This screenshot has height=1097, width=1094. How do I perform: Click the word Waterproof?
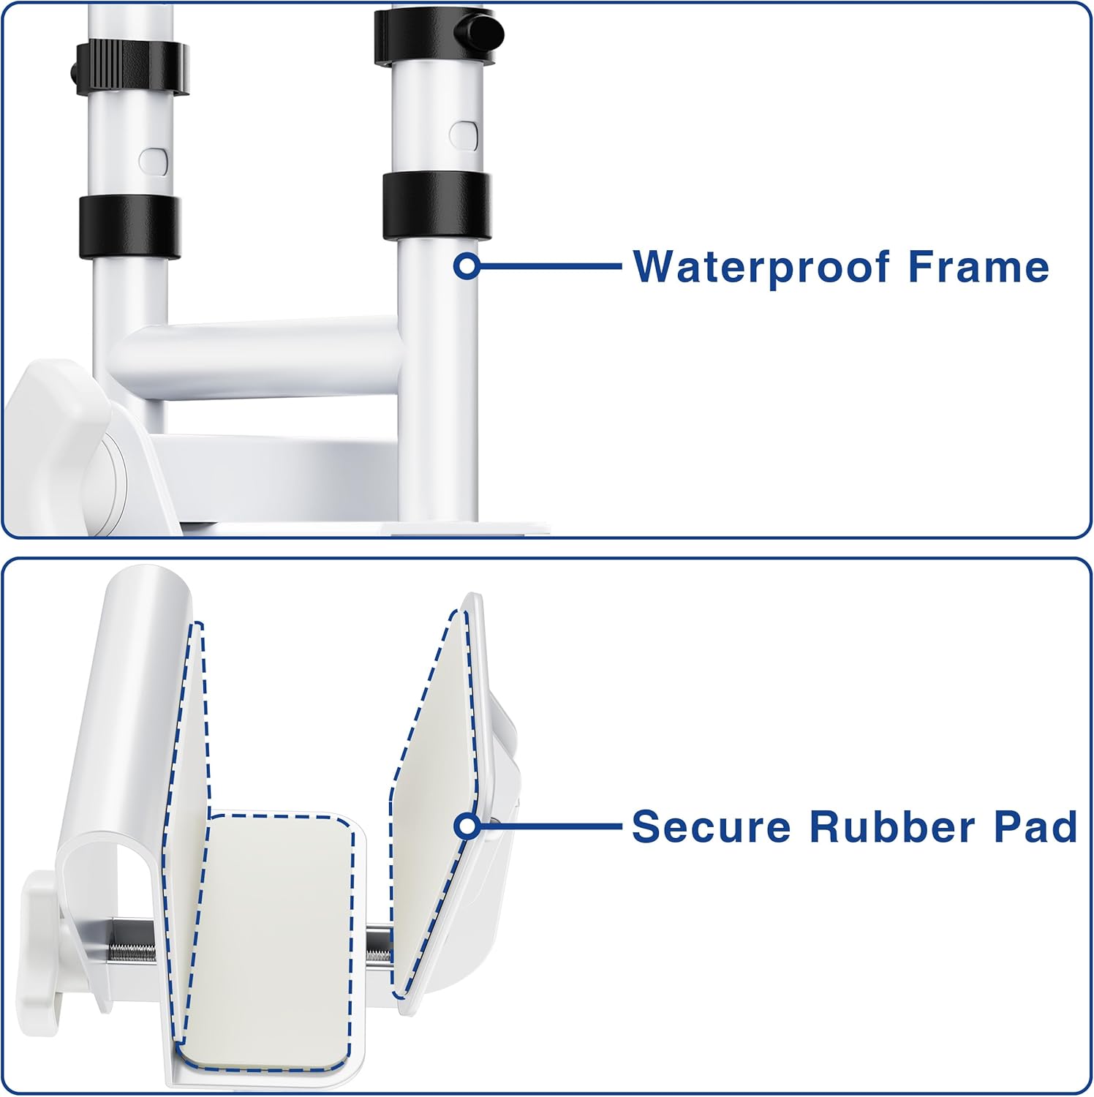[761, 268]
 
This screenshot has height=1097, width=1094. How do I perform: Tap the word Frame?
[978, 266]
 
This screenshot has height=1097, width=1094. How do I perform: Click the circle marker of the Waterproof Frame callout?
[467, 266]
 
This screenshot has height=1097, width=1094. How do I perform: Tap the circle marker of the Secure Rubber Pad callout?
[467, 827]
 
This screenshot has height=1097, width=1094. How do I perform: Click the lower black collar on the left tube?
[129, 227]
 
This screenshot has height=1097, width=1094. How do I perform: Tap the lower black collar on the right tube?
[437, 207]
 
